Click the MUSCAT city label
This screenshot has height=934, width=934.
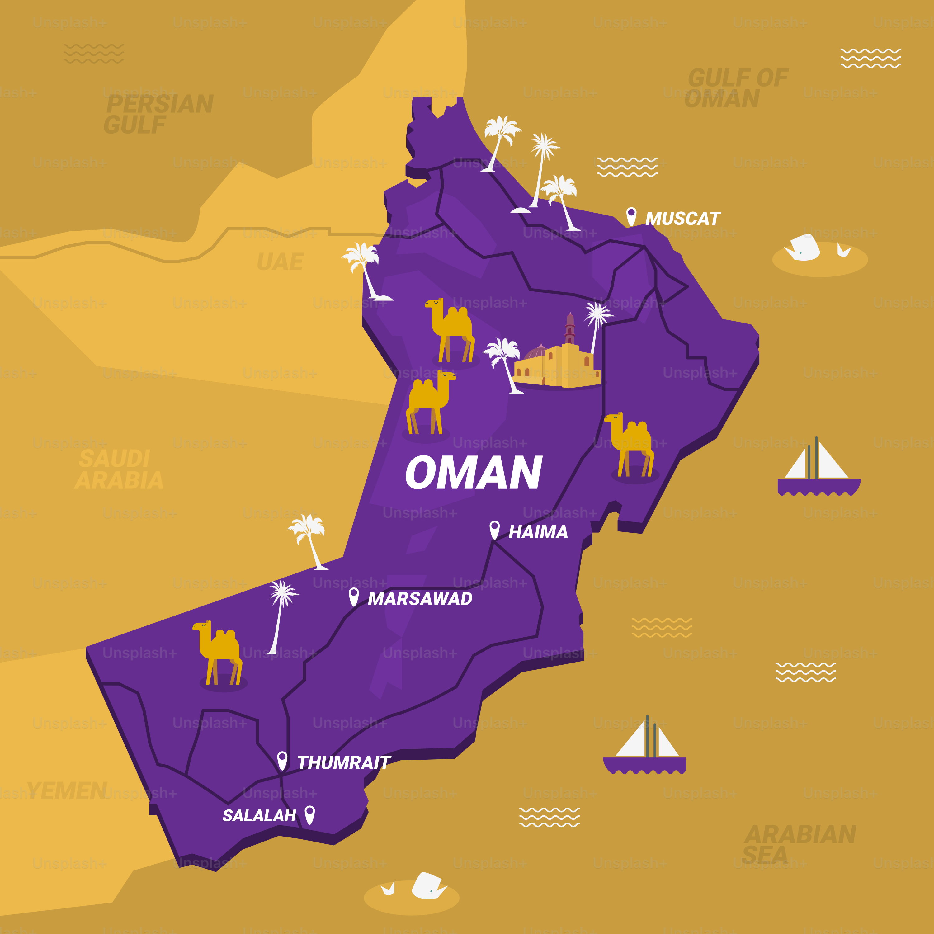pos(683,219)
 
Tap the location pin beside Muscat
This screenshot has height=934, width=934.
pos(631,216)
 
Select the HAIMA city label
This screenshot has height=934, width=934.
pos(538,532)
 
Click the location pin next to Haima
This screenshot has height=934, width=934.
pos(494,529)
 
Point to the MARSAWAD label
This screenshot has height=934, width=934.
pos(420,599)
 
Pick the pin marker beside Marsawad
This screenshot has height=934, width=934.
pos(353,597)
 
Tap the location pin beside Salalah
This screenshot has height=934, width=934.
pos(310,814)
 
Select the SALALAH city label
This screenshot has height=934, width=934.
pos(259,816)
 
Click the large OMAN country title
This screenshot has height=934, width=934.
pos(474,472)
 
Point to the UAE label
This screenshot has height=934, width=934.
pos(281,262)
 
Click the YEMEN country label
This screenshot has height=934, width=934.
pos(67,791)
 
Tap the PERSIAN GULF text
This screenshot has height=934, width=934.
pos(158,114)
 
